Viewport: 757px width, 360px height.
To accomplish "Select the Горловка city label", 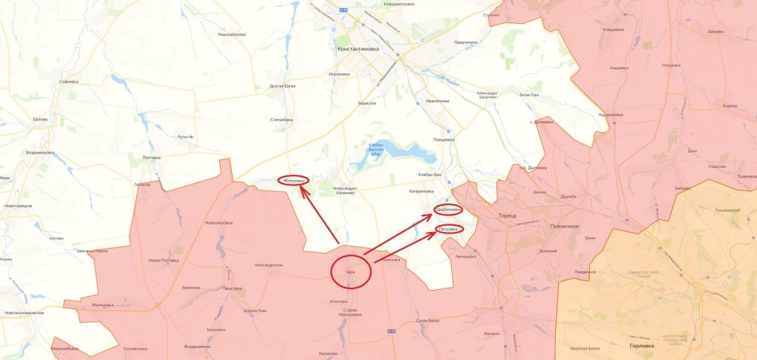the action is (x=642, y=346).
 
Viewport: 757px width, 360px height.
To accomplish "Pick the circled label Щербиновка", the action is (x=448, y=210).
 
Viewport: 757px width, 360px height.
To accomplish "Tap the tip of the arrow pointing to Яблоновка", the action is (x=301, y=187).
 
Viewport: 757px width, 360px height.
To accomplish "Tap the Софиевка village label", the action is (x=69, y=81).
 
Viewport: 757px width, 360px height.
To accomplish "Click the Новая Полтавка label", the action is (x=164, y=260).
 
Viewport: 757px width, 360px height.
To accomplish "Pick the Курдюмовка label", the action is (x=610, y=114).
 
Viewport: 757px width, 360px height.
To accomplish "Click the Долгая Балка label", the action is (x=282, y=86).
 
